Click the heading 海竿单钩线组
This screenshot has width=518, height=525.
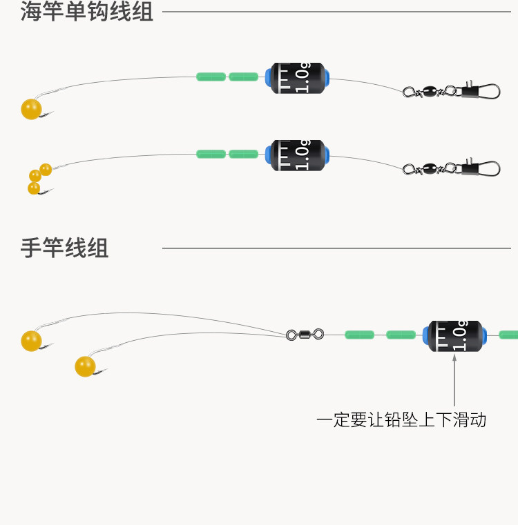click(x=87, y=12)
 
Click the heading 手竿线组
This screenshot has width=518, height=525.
click(x=64, y=248)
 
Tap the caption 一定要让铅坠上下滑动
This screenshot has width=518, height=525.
click(x=401, y=419)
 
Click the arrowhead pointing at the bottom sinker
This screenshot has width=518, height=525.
click(x=454, y=357)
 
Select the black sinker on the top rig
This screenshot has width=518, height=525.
click(x=298, y=78)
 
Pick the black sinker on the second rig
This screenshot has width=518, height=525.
click(x=298, y=155)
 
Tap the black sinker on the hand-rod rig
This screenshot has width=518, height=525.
click(x=455, y=336)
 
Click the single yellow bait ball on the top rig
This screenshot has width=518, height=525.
click(x=31, y=109)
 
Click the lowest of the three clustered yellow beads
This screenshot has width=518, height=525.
click(x=34, y=188)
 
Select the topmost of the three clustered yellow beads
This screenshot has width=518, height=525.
click(x=46, y=170)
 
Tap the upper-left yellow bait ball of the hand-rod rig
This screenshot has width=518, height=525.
click(x=31, y=341)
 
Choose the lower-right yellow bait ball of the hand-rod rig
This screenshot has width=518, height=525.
click(x=85, y=366)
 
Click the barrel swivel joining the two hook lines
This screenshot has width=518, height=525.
click(x=305, y=334)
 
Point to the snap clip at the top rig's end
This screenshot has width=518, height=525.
click(x=481, y=91)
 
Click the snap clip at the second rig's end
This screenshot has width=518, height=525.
click(x=481, y=168)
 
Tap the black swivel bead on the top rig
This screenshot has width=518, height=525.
click(x=430, y=91)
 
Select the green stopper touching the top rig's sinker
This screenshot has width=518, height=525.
click(x=243, y=77)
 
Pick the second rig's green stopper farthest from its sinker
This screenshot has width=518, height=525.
click(x=211, y=154)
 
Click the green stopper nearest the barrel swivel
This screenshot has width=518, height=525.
click(x=359, y=335)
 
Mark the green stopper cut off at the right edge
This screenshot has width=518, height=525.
click(x=508, y=335)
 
